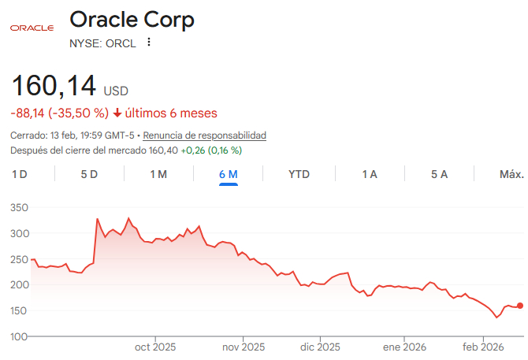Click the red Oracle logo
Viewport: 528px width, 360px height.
pyautogui.click(x=32, y=28)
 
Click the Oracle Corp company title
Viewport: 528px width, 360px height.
pyautogui.click(x=132, y=20)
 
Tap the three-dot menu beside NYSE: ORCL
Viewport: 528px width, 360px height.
pyautogui.click(x=148, y=43)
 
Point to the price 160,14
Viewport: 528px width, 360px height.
pyautogui.click(x=54, y=85)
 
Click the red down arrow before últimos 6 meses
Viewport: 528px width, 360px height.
pyautogui.click(x=118, y=113)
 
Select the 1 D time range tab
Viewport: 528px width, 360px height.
pyautogui.click(x=20, y=174)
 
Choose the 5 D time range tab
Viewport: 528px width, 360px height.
pyautogui.click(x=89, y=174)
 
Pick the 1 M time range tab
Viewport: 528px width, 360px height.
pyautogui.click(x=158, y=174)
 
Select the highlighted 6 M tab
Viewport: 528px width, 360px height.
pyautogui.click(x=229, y=174)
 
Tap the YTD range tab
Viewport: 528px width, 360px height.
pyautogui.click(x=299, y=174)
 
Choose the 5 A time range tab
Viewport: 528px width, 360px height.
pyautogui.click(x=439, y=174)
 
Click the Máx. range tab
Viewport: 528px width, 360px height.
pyautogui.click(x=511, y=174)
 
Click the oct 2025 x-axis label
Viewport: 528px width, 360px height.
pyautogui.click(x=155, y=347)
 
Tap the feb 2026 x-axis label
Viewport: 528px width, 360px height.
pyautogui.click(x=483, y=347)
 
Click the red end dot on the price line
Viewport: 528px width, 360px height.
pyautogui.click(x=520, y=306)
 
